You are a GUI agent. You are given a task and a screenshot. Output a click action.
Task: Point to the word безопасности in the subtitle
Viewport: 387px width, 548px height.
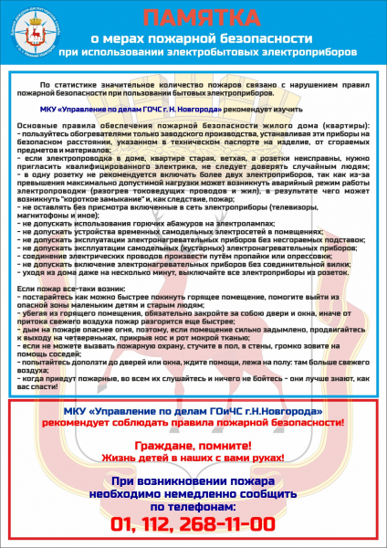point(258,39)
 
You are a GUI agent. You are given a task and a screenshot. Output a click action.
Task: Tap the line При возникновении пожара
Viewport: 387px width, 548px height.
point(193,479)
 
